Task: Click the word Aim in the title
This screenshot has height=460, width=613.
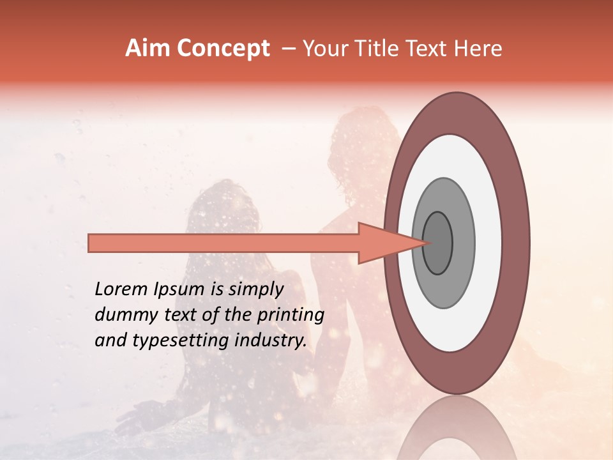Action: pos(148,49)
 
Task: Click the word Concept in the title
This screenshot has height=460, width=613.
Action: pos(223,49)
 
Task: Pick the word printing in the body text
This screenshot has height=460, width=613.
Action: pos(291,315)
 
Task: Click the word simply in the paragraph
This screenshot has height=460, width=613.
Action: pos(255,289)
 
